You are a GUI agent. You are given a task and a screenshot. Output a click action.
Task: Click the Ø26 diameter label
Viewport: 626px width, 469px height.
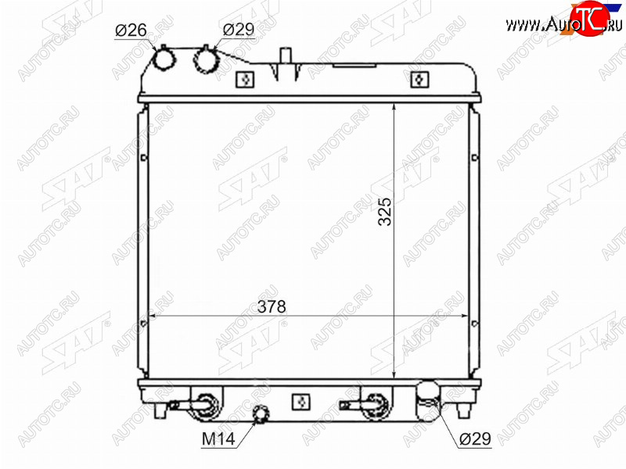coord(131,30)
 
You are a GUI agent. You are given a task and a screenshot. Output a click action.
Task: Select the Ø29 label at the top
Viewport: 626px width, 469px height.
coord(239,29)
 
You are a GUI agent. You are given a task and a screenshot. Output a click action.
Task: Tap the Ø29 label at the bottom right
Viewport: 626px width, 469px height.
coord(475,439)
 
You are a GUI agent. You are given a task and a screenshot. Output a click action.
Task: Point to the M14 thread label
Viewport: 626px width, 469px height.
coord(218,439)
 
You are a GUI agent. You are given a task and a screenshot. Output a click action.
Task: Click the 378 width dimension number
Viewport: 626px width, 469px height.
coord(272,306)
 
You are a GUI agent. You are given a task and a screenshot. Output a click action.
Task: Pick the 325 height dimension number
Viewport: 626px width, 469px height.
coord(385,212)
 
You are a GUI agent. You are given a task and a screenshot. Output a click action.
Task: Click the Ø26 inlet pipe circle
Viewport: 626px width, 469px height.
coord(164,60)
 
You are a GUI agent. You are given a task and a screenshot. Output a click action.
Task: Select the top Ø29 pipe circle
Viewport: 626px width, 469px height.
coord(206,60)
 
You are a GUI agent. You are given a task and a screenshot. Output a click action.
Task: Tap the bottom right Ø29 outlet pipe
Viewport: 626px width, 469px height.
coord(427,401)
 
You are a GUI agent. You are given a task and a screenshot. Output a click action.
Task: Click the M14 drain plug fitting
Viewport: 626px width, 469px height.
coord(261,414)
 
